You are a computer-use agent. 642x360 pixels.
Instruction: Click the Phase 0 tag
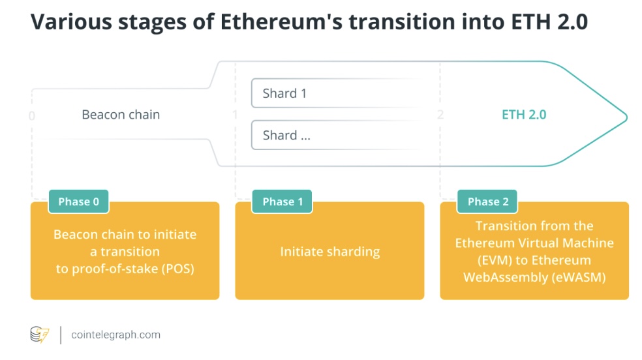point(78,202)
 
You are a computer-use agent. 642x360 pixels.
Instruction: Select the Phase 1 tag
point(282,202)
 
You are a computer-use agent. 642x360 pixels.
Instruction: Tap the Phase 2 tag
point(487,202)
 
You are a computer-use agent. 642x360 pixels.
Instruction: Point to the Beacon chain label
point(121,115)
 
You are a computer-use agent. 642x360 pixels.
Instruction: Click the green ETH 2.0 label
point(524,115)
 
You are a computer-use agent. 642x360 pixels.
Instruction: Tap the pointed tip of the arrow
point(627,117)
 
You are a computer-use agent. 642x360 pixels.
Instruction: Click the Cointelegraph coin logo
point(40,335)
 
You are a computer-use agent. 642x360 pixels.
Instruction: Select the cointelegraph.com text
point(116,335)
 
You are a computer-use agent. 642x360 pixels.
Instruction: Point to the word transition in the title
point(402,22)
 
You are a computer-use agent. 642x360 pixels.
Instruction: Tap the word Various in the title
point(71,22)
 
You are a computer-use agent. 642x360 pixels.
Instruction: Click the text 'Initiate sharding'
point(330,251)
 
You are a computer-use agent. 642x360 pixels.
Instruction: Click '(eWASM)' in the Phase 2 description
point(579,277)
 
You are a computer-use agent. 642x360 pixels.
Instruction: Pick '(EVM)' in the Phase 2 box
point(494,260)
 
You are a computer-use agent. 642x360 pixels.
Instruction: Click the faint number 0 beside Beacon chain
point(32,116)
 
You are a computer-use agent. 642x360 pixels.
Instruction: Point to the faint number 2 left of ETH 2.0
point(440,115)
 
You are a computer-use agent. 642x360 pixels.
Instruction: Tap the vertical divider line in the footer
point(61,335)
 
